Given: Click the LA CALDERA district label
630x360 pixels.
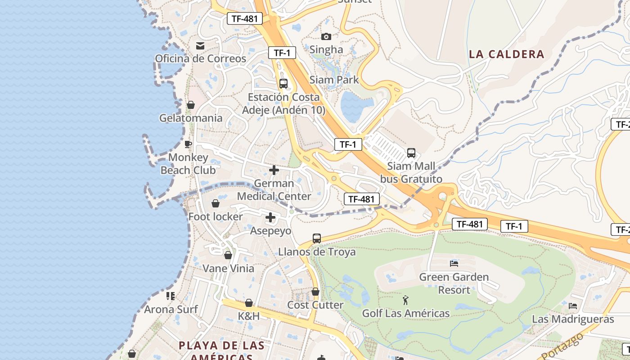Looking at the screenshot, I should (x=507, y=54).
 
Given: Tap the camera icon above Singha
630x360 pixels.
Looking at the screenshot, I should (x=326, y=36).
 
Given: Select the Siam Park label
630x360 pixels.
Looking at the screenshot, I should (x=334, y=80).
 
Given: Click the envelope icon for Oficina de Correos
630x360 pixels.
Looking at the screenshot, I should (x=200, y=46).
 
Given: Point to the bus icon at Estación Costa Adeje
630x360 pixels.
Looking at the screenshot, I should (x=283, y=84).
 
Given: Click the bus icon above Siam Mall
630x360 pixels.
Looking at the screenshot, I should (x=411, y=153).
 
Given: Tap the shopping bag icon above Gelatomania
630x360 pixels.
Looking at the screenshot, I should (x=191, y=105).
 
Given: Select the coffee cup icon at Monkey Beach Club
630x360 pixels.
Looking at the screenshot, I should (x=188, y=144).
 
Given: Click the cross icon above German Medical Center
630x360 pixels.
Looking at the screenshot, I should (x=274, y=170).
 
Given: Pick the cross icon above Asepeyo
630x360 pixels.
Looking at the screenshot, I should (x=270, y=218).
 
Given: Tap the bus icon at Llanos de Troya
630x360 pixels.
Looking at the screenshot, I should (x=317, y=238).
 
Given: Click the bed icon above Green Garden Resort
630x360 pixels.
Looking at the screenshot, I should (x=454, y=263).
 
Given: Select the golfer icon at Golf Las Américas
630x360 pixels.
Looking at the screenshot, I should (x=405, y=300).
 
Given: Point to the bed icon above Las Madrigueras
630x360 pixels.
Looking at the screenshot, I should (x=573, y=306).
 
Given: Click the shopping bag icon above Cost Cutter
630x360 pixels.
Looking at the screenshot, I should (x=315, y=292).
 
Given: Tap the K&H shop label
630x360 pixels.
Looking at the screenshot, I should (x=249, y=316).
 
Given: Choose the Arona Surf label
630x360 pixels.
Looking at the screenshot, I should (x=171, y=310).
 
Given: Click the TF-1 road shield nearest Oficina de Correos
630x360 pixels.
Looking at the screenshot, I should (x=282, y=53).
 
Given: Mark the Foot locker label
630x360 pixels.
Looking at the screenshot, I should (x=216, y=217).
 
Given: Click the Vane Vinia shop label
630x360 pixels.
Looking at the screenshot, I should (x=228, y=269).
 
